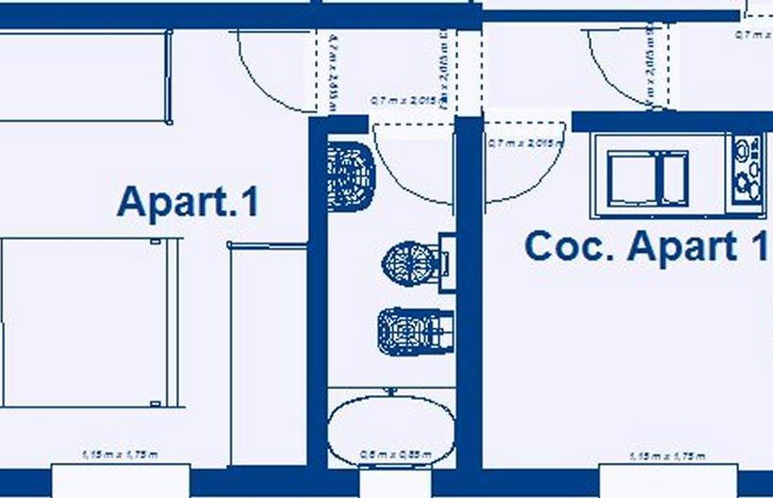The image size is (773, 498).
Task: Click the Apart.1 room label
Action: [188, 203]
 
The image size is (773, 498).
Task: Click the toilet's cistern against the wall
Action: [446, 261]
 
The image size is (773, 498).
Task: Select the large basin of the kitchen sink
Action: [633, 177]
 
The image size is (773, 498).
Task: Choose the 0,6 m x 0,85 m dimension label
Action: [395, 456]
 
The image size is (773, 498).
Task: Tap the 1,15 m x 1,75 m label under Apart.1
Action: [120, 456]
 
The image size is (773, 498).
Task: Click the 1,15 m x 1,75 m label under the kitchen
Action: [666, 456]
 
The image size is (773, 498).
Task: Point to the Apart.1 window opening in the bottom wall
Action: [120, 480]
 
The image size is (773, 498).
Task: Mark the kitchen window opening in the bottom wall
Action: [667, 481]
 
